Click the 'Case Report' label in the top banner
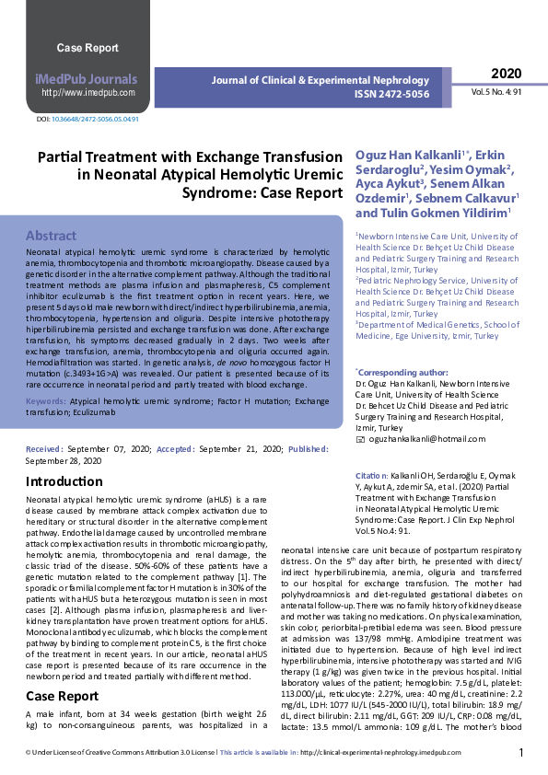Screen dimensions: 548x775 (x=87, y=47)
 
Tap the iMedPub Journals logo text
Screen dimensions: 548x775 (x=87, y=79)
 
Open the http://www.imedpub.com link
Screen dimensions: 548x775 (x=87, y=92)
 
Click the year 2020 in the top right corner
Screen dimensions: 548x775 (x=506, y=74)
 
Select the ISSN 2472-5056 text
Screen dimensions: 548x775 (x=391, y=94)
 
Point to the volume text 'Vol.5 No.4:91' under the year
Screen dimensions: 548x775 (x=496, y=93)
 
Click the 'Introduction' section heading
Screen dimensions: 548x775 (x=64, y=481)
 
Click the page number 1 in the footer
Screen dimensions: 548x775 (x=520, y=753)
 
